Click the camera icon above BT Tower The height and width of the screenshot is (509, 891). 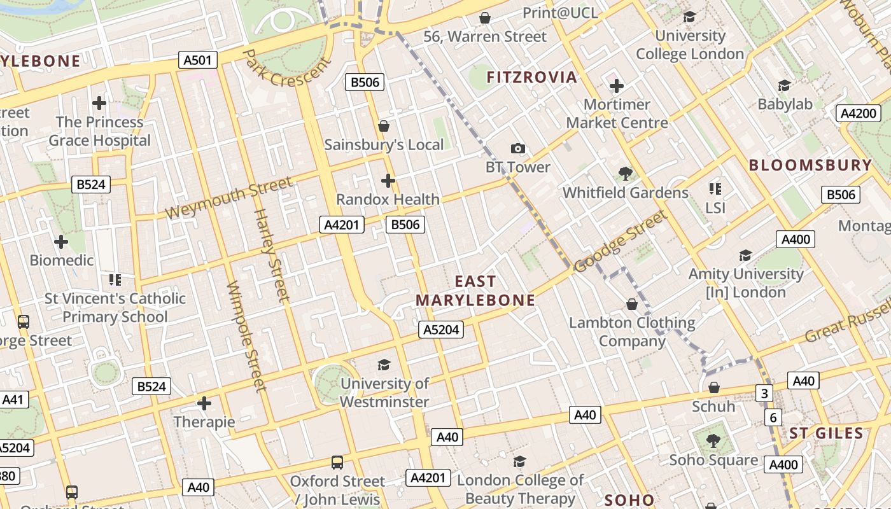[518, 149]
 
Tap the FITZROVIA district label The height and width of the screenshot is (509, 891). [531, 78]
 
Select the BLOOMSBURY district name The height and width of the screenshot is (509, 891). [810, 165]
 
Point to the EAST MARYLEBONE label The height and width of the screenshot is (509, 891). [475, 291]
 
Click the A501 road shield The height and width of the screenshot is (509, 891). [197, 60]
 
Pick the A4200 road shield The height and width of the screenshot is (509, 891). [858, 113]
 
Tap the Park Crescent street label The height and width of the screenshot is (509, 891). [288, 69]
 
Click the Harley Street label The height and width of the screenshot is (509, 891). [272, 254]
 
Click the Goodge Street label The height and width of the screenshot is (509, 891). [621, 242]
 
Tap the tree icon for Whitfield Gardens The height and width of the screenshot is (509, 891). [625, 173]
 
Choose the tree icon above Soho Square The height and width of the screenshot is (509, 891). [713, 440]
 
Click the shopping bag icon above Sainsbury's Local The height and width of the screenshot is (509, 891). [384, 126]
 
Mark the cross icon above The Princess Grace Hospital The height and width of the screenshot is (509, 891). [99, 102]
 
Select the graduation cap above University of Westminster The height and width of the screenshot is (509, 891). [384, 365]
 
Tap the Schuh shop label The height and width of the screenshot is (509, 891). [713, 407]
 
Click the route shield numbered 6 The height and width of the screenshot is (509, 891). [773, 417]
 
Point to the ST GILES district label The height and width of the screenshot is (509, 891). [826, 434]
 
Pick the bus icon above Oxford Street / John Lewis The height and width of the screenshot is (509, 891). [337, 463]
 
